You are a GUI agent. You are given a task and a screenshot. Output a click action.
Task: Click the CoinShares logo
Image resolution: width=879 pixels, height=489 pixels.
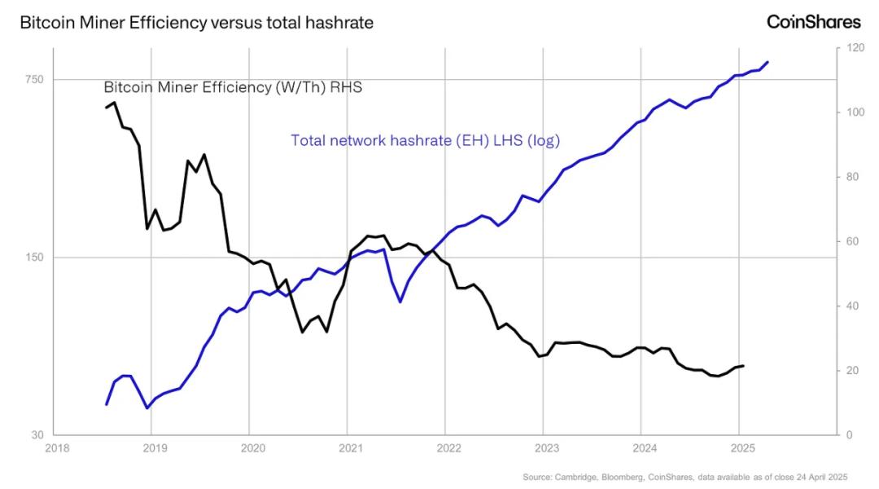(x=813, y=22)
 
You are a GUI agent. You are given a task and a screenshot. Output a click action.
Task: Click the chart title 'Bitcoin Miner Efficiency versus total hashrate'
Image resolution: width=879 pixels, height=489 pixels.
(x=196, y=23)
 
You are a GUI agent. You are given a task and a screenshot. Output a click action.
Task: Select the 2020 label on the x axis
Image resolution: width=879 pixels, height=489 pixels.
(x=252, y=448)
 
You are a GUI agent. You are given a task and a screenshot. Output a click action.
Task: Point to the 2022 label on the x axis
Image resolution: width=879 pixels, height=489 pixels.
(x=448, y=448)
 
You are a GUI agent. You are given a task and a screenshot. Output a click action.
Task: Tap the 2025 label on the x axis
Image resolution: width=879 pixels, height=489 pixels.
(x=742, y=448)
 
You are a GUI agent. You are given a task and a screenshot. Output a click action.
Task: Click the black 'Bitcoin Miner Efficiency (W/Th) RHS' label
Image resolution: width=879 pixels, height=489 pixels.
(x=232, y=87)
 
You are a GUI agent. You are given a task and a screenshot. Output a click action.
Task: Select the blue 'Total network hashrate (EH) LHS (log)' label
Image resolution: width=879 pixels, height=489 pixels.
(x=426, y=140)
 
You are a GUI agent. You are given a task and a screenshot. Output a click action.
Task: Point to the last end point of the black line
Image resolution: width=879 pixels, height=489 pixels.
(x=743, y=366)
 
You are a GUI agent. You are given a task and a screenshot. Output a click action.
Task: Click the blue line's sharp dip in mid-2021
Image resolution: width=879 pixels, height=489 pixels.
(x=400, y=302)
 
